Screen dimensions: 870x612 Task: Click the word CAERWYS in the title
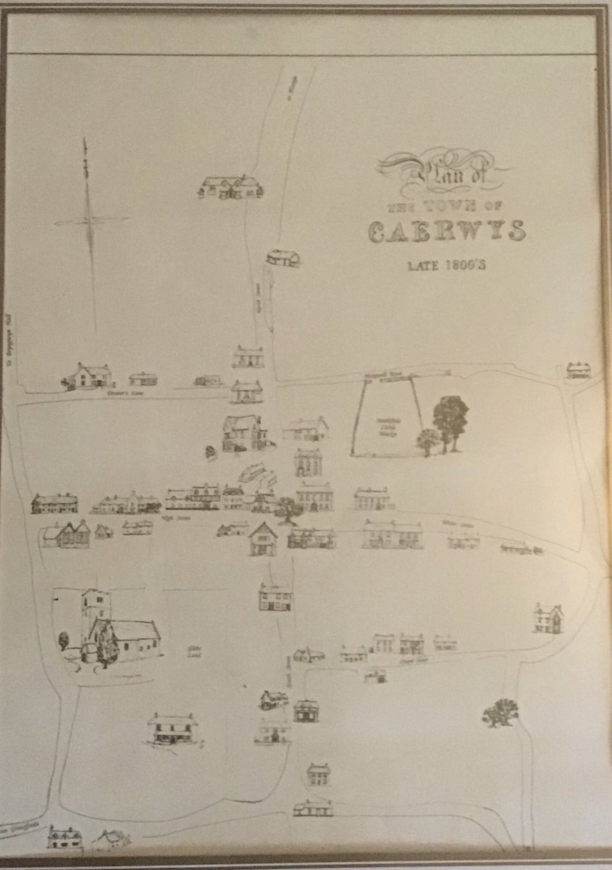pyautogui.click(x=447, y=231)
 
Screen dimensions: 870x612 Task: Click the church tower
pyautogui.click(x=96, y=605)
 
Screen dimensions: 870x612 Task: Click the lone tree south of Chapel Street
pyautogui.click(x=500, y=712)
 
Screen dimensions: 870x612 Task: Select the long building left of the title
pyautogui.click(x=230, y=187)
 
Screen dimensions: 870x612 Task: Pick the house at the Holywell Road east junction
pyautogui.click(x=578, y=370)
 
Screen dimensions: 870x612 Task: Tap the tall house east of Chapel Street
pyautogui.click(x=548, y=618)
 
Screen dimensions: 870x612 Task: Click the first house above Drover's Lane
pyautogui.click(x=91, y=375)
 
